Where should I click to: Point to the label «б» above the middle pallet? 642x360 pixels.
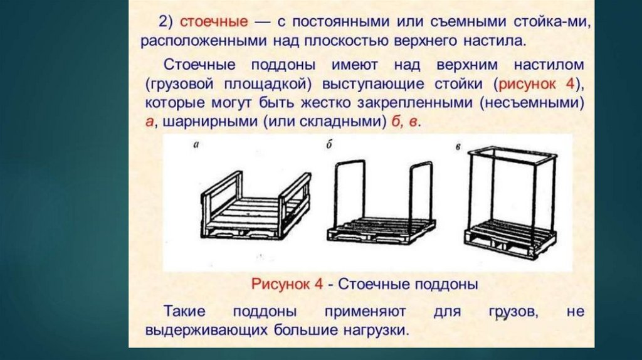(x=330, y=145)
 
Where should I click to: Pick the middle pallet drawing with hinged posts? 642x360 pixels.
(x=381, y=207)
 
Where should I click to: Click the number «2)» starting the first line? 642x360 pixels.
(x=165, y=22)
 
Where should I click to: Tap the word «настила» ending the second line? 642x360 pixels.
(x=498, y=41)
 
